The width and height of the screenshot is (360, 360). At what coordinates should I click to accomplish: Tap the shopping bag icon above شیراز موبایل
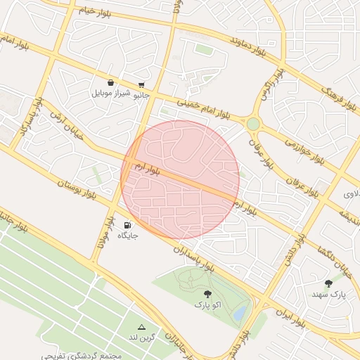(110, 82)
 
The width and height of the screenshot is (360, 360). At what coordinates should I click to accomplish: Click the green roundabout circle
(252, 124)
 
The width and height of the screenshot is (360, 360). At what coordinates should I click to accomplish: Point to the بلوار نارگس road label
(273, 84)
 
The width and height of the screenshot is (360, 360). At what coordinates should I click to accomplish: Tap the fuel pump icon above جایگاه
(127, 226)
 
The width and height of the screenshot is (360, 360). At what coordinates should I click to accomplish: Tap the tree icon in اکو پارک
(207, 295)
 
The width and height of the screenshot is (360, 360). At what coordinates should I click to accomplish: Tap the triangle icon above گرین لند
(141, 328)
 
